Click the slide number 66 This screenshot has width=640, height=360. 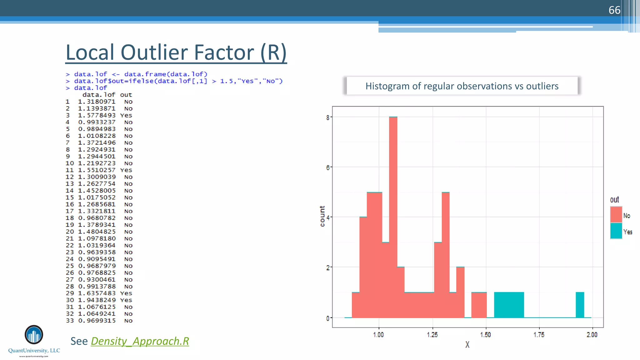(614, 10)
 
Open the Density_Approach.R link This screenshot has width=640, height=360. (140, 341)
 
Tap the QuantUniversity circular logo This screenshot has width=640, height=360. (34, 335)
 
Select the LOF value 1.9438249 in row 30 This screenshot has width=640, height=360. (97, 300)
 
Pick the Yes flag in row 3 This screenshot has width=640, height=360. (126, 115)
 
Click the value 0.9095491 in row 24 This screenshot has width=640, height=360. (97, 259)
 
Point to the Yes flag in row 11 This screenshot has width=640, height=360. (126, 170)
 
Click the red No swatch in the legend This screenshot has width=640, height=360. (616, 215)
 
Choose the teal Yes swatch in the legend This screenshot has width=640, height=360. (616, 231)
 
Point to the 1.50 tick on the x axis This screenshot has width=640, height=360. (485, 335)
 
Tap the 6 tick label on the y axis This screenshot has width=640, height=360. (327, 167)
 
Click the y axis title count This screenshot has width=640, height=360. (322, 216)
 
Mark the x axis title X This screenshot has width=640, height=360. (467, 345)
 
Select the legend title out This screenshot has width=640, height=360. (614, 200)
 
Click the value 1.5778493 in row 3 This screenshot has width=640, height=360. (97, 115)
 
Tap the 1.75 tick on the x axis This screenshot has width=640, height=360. (539, 335)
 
